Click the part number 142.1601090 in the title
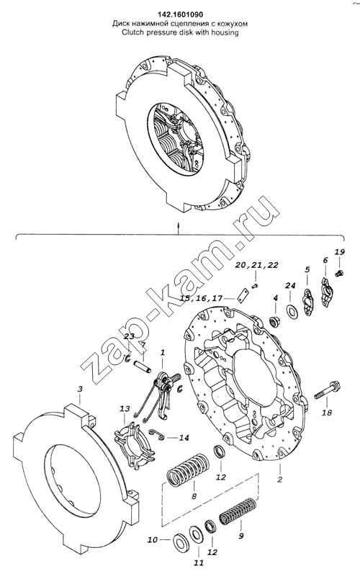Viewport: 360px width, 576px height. [x=181, y=14]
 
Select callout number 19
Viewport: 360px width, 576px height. [x=339, y=252]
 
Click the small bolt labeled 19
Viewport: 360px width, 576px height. [x=340, y=273]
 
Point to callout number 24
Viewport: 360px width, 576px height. [x=290, y=286]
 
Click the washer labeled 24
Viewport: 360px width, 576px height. [x=292, y=312]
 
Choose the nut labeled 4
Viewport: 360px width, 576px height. [x=274, y=322]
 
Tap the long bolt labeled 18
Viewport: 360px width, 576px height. [x=328, y=390]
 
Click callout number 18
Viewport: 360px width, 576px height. [x=327, y=413]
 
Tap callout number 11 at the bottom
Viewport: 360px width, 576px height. [x=199, y=562]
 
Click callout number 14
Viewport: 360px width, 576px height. [x=184, y=438]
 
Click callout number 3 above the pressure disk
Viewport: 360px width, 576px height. [x=80, y=389]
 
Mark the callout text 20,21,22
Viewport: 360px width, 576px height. [x=257, y=265]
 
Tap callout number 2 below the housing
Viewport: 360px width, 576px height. [x=280, y=480]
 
